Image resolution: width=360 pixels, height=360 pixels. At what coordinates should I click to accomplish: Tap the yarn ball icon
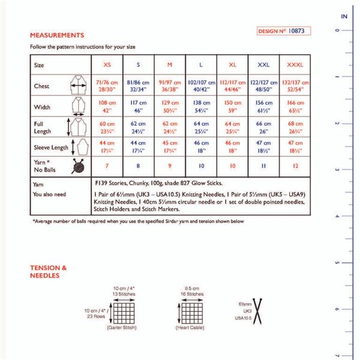tap(77, 166)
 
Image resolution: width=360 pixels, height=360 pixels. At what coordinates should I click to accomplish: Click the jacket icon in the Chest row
tap(76, 86)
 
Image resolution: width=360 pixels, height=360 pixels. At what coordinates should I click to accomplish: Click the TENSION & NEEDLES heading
tap(48, 271)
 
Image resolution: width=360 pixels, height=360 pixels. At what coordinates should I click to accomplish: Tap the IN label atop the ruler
tap(344, 17)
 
